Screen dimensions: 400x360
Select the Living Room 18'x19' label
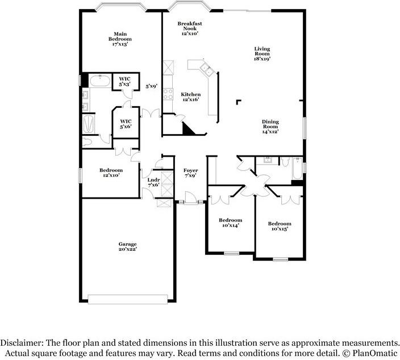pyautogui.click(x=262, y=53)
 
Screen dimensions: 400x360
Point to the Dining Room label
pyautogui.click(x=270, y=124)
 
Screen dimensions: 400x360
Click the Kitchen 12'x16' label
pyautogui.click(x=190, y=97)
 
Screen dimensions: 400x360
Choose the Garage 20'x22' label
pyautogui.click(x=127, y=246)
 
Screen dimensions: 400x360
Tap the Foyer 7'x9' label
pyautogui.click(x=190, y=173)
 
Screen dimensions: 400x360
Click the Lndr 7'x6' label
pyautogui.click(x=153, y=182)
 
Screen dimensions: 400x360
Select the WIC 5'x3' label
pyautogui.click(x=125, y=82)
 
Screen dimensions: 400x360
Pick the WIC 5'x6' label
pyautogui.click(x=126, y=124)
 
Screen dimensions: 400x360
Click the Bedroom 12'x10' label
pyautogui.click(x=111, y=173)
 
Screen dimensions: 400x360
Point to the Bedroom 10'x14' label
pyautogui.click(x=230, y=223)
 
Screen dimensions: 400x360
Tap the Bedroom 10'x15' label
pyautogui.click(x=280, y=226)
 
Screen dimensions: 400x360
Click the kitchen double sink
pyautogui.click(x=207, y=70)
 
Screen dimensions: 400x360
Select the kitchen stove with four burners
pyautogui.click(x=168, y=94)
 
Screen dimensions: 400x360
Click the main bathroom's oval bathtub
pyautogui.click(x=100, y=81)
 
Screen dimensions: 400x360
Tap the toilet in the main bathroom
pyautogui.click(x=87, y=142)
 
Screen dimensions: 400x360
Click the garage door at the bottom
pyautogui.click(x=128, y=299)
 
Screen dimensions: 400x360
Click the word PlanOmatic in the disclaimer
pyautogui.click(x=375, y=353)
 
